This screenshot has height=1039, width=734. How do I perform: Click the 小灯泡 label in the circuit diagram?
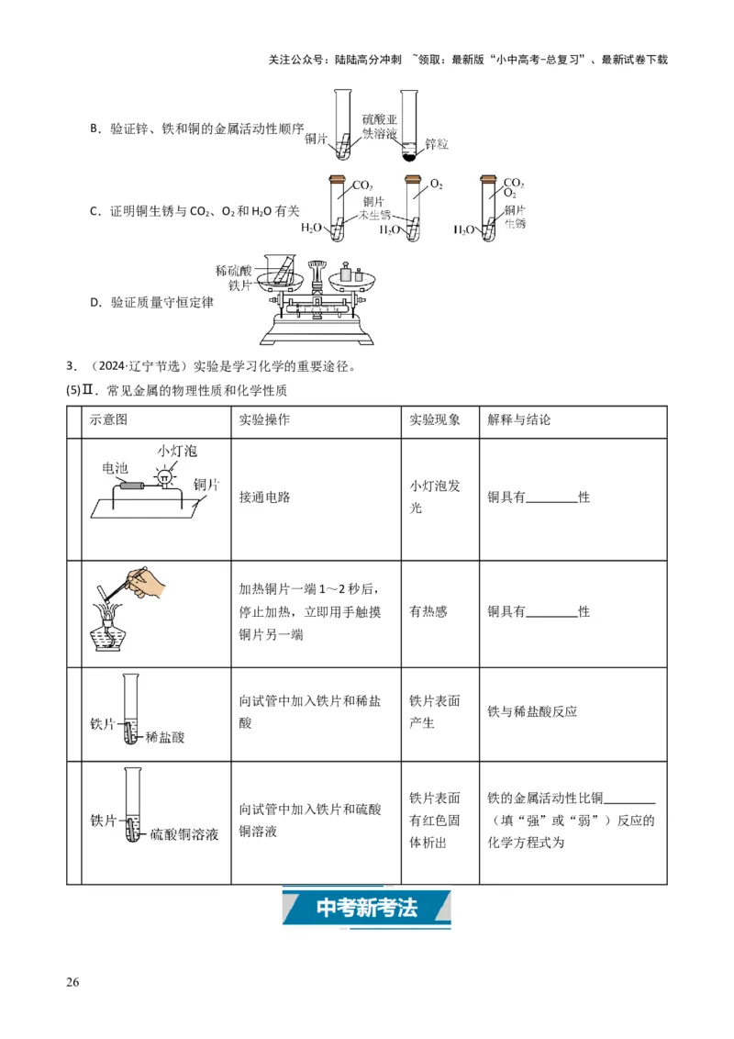point(176,452)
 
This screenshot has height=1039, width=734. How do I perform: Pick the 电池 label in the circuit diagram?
point(115,467)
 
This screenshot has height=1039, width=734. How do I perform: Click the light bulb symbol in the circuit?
point(164,476)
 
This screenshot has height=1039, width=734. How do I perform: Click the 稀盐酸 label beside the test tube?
point(165,736)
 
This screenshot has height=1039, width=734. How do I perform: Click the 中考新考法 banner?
point(367,908)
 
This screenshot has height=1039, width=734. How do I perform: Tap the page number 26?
point(73,982)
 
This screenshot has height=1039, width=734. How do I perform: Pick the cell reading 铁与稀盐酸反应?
point(532,711)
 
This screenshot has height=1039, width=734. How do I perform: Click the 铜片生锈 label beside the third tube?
point(514,218)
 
